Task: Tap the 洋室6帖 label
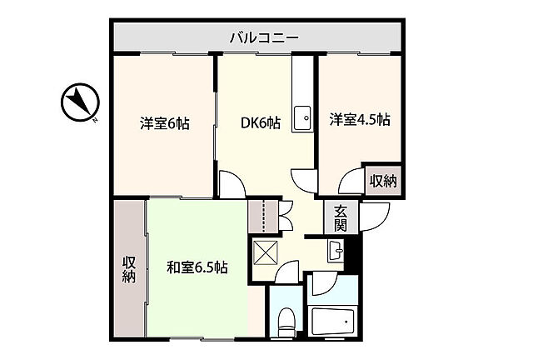(x=164, y=124)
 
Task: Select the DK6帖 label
(x=260, y=123)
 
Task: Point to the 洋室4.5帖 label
(x=359, y=119)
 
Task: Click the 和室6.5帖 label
(x=197, y=267)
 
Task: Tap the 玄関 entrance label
(x=341, y=218)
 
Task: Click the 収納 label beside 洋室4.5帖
(x=383, y=180)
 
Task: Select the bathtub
(x=333, y=322)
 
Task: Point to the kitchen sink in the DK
(x=302, y=117)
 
